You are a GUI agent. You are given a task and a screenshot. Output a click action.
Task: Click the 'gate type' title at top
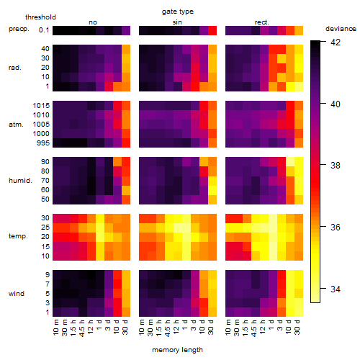point(178,12)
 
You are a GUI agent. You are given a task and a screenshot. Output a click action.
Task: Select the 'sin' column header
point(177,22)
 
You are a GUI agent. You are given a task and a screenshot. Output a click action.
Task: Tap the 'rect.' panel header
point(262,22)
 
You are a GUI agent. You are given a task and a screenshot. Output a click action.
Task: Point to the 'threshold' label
point(40,17)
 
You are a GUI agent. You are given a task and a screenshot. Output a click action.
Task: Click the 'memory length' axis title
point(177,350)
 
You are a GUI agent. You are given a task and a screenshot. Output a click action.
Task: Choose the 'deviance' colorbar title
point(341,29)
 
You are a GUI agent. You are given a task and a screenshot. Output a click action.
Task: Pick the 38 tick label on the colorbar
point(336,166)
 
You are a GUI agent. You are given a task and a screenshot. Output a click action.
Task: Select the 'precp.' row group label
point(19,29)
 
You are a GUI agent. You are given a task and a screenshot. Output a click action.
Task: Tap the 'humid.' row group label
point(20,181)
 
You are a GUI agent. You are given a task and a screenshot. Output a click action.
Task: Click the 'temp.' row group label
point(18,236)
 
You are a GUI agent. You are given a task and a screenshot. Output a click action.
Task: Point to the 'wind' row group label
point(17,294)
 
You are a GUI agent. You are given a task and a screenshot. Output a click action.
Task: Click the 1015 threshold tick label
point(41,106)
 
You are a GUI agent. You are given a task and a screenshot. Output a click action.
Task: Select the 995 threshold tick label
point(43,143)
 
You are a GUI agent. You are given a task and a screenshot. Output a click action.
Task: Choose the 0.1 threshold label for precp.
point(44,30)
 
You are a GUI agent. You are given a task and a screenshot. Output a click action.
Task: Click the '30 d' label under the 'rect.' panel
point(297,328)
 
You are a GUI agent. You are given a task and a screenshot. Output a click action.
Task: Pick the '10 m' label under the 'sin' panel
point(143,328)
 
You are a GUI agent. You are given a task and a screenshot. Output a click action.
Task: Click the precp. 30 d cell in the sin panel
point(212,30)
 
